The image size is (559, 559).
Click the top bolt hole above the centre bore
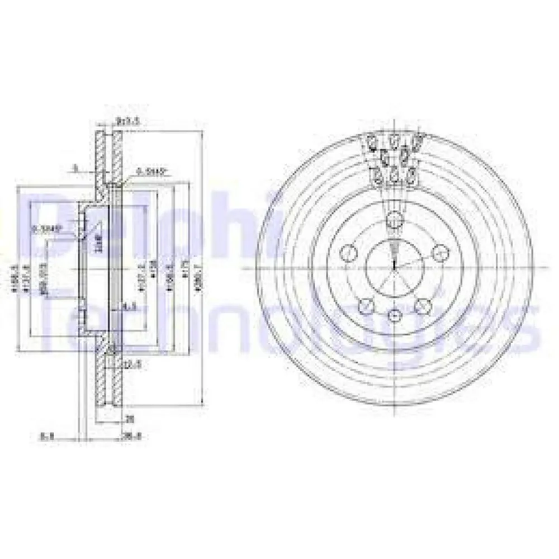(x=394, y=220)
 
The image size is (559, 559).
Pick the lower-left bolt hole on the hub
(x=366, y=305)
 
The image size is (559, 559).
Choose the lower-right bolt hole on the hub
(x=423, y=305)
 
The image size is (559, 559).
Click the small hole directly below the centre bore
(x=395, y=316)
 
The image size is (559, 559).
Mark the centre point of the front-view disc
(x=394, y=268)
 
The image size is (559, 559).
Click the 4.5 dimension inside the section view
(x=129, y=306)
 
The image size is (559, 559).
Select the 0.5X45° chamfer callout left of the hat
(x=42, y=228)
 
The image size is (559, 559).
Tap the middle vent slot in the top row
(x=395, y=140)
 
